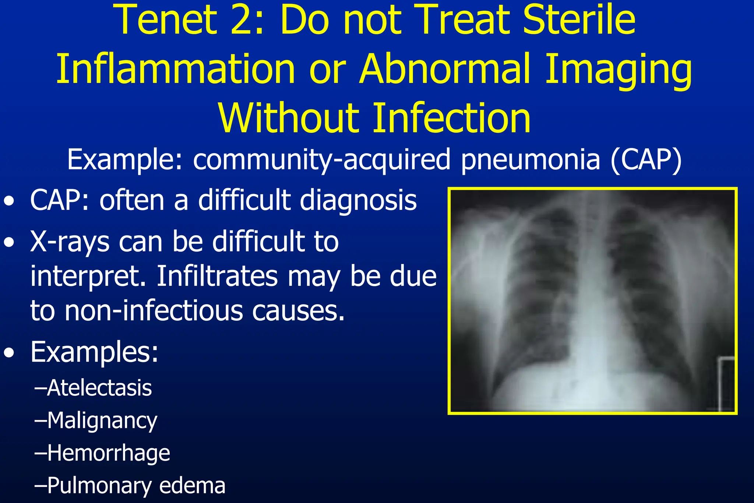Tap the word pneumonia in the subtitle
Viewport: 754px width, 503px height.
click(531, 161)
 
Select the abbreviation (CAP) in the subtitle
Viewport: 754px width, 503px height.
click(646, 161)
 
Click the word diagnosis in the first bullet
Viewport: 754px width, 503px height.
click(358, 201)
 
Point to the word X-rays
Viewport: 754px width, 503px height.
click(70, 242)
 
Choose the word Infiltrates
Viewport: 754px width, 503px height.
click(217, 276)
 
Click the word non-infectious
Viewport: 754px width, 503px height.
click(154, 310)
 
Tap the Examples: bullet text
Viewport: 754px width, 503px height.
click(94, 352)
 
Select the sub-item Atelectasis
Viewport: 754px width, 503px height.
click(99, 388)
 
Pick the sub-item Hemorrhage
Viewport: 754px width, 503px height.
click(109, 453)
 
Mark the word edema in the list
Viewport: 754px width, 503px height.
click(192, 486)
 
